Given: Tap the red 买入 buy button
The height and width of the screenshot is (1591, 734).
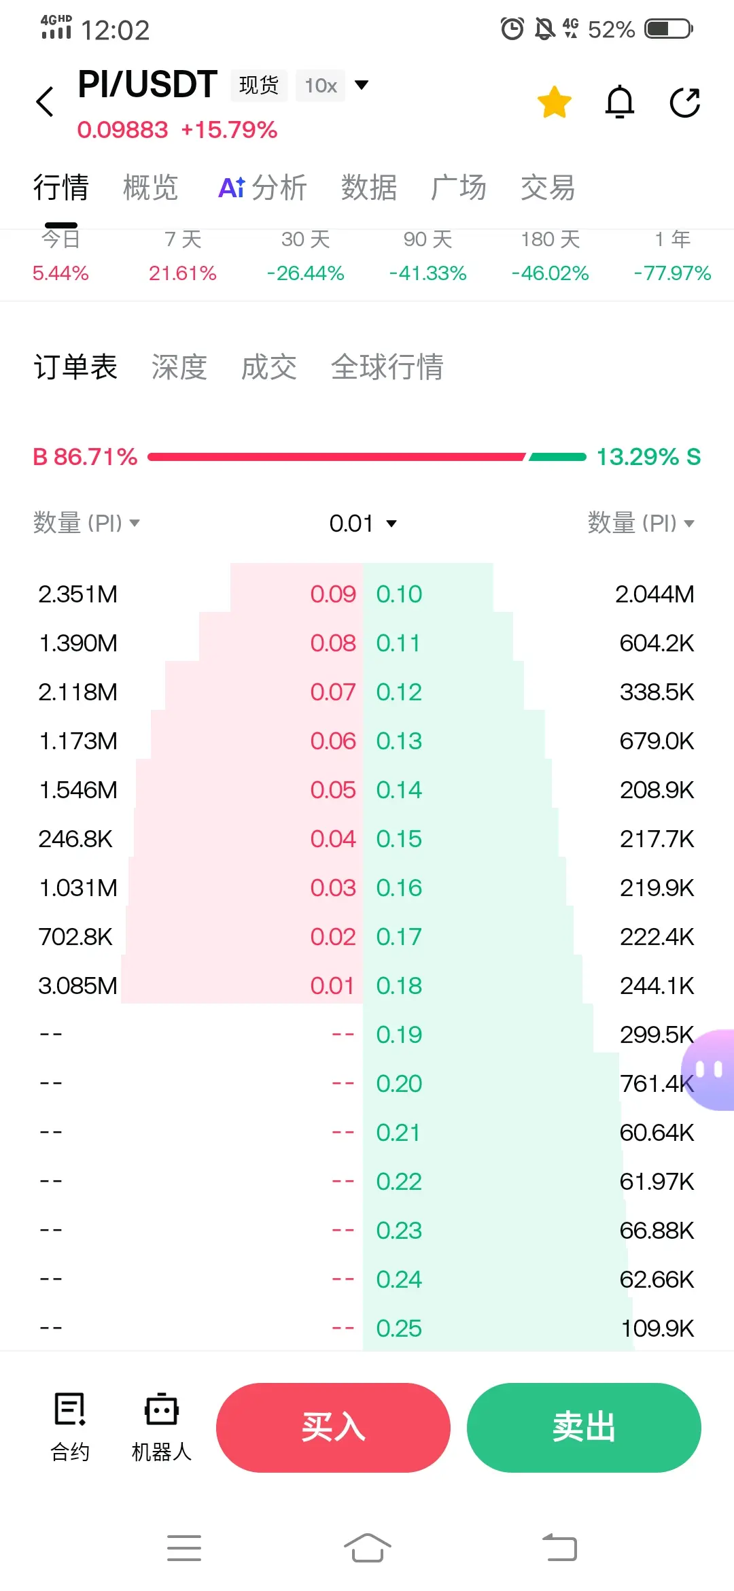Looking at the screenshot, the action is [333, 1427].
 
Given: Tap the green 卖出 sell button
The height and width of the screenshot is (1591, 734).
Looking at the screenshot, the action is [584, 1427].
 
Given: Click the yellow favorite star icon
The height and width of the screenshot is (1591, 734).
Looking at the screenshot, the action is [555, 103].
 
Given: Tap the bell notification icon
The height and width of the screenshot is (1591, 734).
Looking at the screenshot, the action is [620, 103].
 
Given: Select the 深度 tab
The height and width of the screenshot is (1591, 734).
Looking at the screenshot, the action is [179, 367].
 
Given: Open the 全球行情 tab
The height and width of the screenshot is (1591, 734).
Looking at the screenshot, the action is [387, 367].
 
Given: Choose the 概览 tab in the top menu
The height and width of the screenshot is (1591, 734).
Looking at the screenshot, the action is [151, 188].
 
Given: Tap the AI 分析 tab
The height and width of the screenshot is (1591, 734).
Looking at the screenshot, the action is [262, 188].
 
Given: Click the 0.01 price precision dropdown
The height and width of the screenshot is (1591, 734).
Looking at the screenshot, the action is [363, 524].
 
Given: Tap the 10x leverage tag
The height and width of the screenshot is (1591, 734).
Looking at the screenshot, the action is [321, 86].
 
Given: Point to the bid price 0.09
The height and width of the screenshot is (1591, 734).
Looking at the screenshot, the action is [333, 594].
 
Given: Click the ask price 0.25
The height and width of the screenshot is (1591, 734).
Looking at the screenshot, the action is [399, 1329].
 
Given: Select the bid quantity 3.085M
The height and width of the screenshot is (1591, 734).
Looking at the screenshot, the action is [77, 986].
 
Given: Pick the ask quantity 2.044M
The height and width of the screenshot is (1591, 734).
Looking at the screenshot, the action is [654, 594].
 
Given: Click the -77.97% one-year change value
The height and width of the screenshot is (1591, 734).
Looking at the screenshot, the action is [672, 273].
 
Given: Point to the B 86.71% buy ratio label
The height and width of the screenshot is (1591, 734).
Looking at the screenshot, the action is [85, 457].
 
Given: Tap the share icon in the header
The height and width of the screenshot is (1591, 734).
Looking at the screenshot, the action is [685, 103].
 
